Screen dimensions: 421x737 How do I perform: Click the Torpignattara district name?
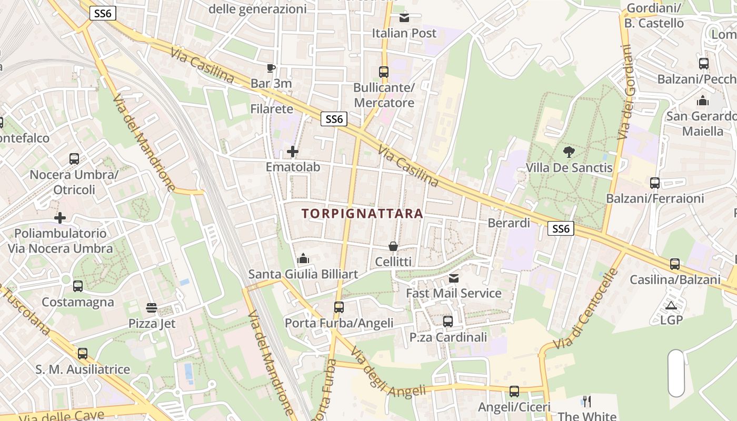tap(362, 213)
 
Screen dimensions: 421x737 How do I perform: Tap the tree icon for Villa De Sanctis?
tap(569, 152)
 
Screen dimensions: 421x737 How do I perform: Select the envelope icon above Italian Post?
tap(404, 18)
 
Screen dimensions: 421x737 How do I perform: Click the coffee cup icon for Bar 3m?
tap(271, 68)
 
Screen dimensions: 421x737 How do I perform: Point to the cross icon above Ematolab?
tap(293, 152)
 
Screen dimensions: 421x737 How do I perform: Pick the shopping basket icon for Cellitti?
tap(393, 246)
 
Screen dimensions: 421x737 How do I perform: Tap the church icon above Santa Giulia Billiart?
tap(303, 258)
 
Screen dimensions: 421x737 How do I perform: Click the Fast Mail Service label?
tap(453, 293)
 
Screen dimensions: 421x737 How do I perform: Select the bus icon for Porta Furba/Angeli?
tap(339, 307)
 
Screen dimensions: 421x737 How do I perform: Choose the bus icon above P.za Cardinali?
tap(448, 321)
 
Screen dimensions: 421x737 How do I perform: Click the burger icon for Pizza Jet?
tap(152, 307)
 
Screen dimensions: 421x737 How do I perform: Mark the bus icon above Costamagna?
tap(78, 286)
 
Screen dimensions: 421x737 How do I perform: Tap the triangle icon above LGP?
tap(671, 305)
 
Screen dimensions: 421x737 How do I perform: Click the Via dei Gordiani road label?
tap(625, 93)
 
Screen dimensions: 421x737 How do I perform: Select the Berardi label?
tap(509, 223)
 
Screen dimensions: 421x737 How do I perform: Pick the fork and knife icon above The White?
tap(587, 402)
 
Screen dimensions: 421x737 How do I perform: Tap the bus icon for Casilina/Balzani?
tap(675, 264)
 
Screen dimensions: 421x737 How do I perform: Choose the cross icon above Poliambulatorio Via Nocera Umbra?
tap(60, 217)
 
